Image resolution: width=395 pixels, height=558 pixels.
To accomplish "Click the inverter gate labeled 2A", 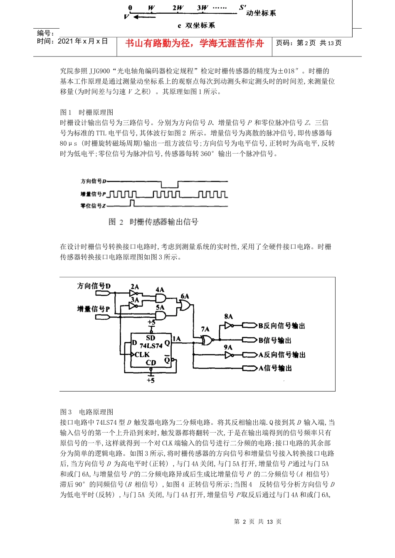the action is (133, 294).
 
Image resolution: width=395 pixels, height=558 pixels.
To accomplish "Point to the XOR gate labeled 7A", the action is (206, 340).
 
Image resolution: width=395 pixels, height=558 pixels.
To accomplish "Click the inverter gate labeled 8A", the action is (229, 325).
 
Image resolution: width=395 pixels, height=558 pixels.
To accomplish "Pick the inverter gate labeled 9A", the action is (229, 355).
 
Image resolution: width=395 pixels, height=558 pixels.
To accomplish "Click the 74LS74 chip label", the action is (151, 345).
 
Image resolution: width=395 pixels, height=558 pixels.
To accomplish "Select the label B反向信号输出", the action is (281, 326).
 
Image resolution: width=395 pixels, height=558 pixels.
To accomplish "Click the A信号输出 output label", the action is (275, 368).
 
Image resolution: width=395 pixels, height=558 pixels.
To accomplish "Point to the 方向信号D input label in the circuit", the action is (94, 286).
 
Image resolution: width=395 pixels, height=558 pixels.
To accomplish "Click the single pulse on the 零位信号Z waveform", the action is (132, 203).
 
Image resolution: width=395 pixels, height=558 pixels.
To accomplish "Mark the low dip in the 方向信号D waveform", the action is (170, 184).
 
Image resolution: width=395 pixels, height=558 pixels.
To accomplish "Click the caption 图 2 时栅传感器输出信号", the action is (153, 222).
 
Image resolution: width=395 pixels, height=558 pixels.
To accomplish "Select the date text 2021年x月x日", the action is (83, 41).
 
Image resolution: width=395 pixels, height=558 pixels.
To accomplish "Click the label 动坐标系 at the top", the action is (261, 13).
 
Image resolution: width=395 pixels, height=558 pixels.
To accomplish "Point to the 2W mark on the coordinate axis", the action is (178, 8).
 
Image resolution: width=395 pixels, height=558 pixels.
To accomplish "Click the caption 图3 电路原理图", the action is (87, 412).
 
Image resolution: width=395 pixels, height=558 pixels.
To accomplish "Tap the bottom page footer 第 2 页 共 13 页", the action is (258, 521).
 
